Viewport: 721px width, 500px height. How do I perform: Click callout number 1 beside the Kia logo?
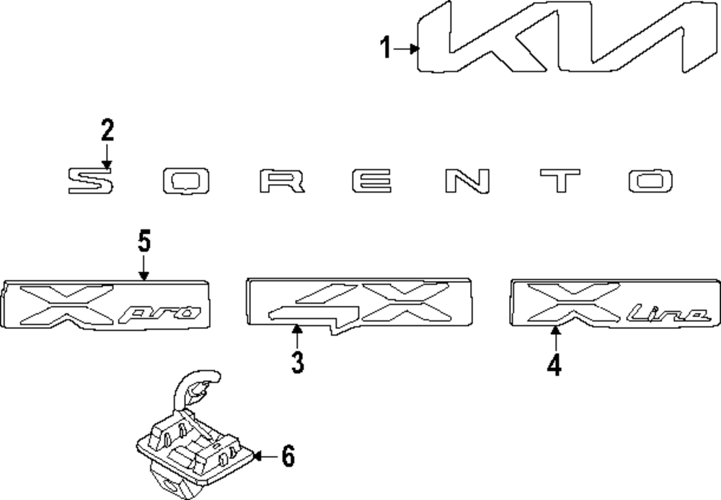click(x=386, y=49)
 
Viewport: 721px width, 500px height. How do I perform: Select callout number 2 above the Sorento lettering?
click(x=107, y=131)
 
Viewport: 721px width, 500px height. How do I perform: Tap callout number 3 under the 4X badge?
click(x=297, y=361)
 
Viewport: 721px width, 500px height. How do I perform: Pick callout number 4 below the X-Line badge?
click(x=553, y=364)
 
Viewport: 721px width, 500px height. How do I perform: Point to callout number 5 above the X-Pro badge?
click(x=143, y=242)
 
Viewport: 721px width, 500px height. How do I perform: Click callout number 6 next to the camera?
click(x=287, y=456)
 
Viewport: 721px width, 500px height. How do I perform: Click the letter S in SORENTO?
click(x=91, y=181)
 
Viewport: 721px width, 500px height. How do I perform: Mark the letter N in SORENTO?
click(x=466, y=181)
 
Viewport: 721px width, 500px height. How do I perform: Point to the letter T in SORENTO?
click(x=559, y=181)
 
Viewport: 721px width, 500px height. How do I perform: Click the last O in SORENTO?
click(x=651, y=181)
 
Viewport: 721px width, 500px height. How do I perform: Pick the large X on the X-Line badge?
click(x=573, y=303)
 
